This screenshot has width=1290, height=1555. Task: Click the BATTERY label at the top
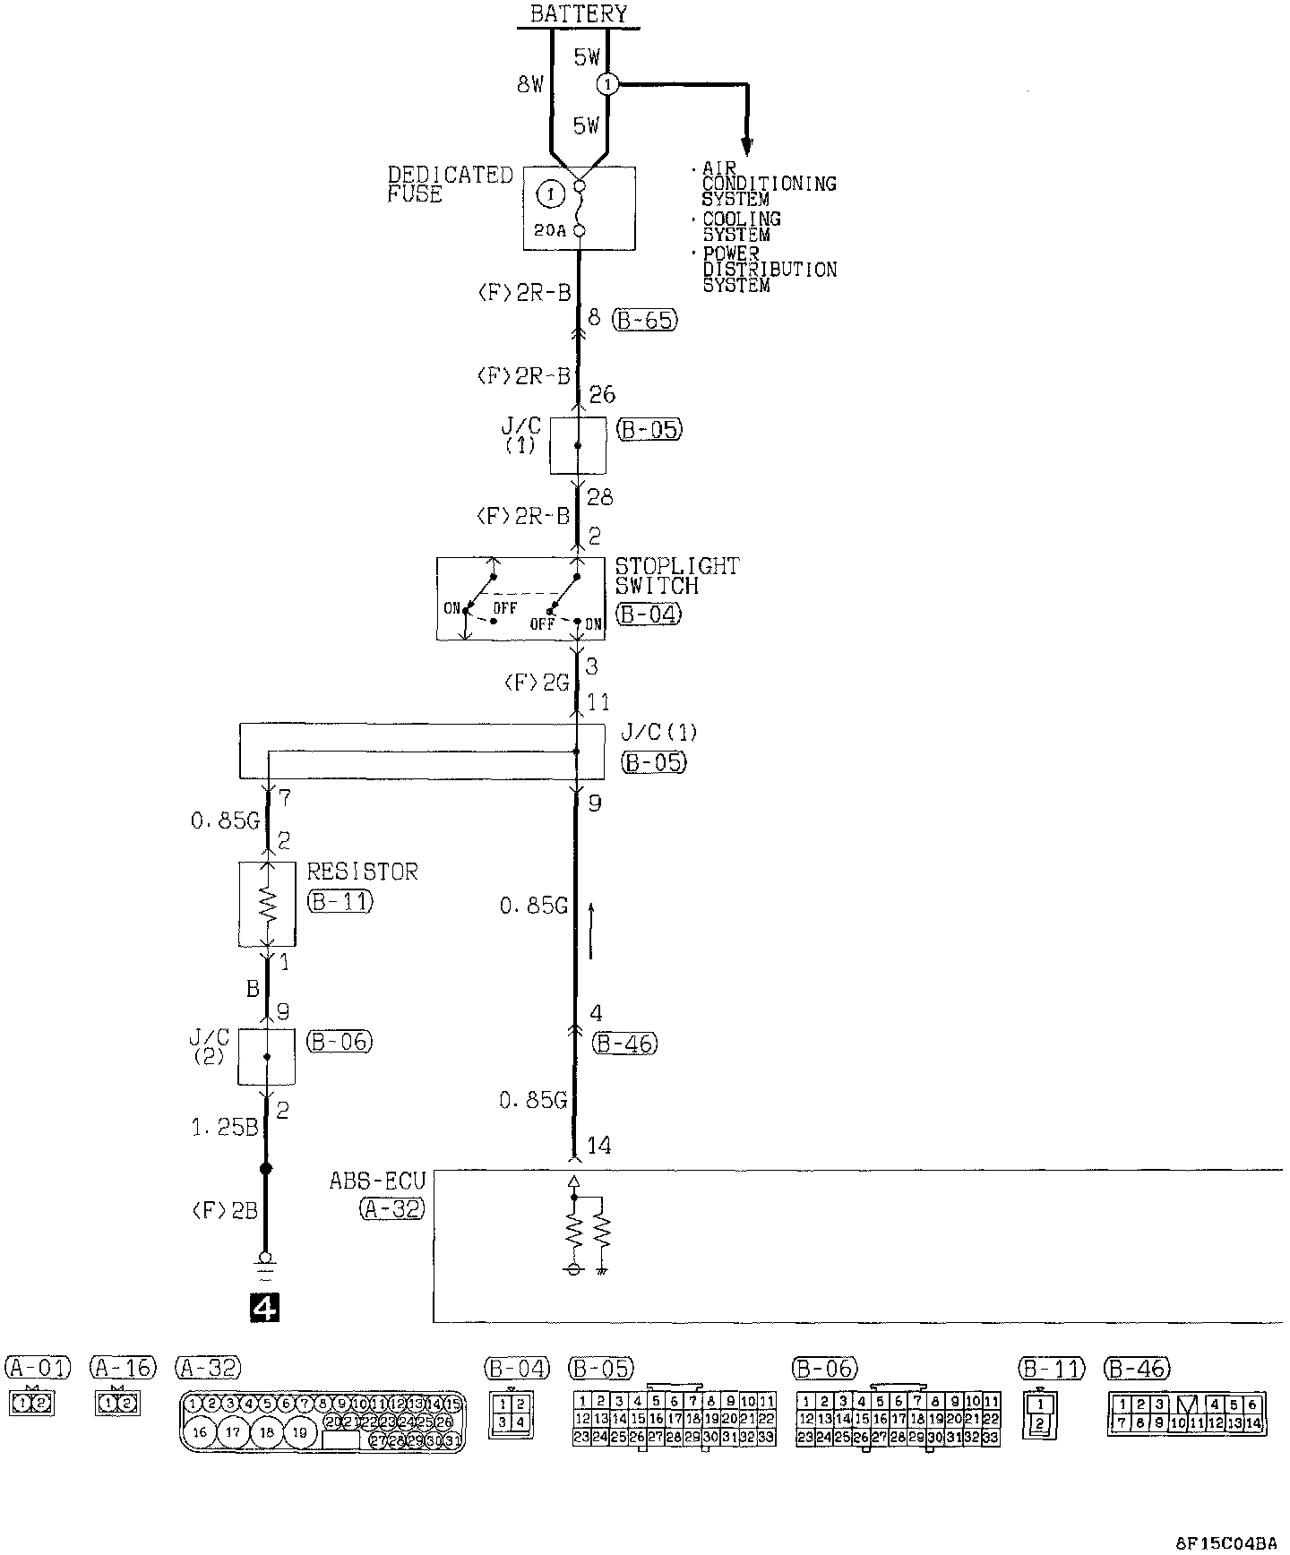tap(579, 13)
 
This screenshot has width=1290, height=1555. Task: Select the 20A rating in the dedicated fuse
tap(548, 230)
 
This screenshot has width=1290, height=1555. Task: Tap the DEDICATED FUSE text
tap(450, 185)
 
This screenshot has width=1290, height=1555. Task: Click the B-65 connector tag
tap(645, 320)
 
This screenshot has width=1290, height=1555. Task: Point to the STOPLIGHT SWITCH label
tap(677, 576)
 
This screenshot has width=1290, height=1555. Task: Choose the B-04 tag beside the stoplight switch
tap(648, 614)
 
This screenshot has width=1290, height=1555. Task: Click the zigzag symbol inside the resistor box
tap(267, 905)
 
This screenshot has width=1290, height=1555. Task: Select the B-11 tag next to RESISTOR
tap(340, 901)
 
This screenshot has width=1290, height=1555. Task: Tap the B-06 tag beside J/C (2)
tap(339, 1042)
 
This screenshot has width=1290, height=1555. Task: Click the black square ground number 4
tap(265, 1309)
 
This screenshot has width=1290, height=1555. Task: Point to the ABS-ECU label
tap(377, 1181)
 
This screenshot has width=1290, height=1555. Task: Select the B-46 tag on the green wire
tap(623, 1044)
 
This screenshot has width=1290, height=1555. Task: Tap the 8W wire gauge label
tap(530, 85)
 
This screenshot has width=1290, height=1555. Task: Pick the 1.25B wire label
tap(224, 1127)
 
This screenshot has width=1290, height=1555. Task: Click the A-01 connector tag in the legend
tap(37, 1368)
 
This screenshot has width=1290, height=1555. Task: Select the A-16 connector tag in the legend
tap(123, 1368)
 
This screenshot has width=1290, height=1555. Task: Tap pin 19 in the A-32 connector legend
tap(300, 1432)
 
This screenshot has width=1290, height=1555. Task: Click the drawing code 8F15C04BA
tap(1226, 1542)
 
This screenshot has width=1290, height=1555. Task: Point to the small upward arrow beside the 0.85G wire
tap(591, 932)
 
